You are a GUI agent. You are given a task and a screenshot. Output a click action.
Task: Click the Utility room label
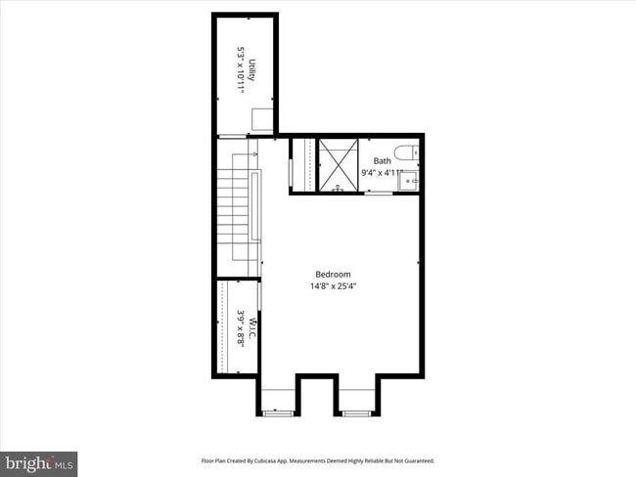(251, 70)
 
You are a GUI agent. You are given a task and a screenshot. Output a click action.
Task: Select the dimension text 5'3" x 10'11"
(240, 70)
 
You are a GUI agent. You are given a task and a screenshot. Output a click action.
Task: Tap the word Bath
(382, 161)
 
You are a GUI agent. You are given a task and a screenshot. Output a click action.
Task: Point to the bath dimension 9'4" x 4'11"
(382, 173)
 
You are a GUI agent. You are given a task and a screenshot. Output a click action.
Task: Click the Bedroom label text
(333, 275)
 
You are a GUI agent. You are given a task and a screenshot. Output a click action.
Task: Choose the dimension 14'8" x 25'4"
(333, 287)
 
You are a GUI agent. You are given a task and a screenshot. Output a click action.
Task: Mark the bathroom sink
(415, 180)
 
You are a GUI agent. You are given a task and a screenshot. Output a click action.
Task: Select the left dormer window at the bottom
(279, 412)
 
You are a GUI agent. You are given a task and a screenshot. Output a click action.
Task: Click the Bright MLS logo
(39, 461)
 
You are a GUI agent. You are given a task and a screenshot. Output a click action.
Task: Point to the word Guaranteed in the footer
(416, 460)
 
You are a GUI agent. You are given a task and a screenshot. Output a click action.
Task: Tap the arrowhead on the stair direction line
(253, 153)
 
